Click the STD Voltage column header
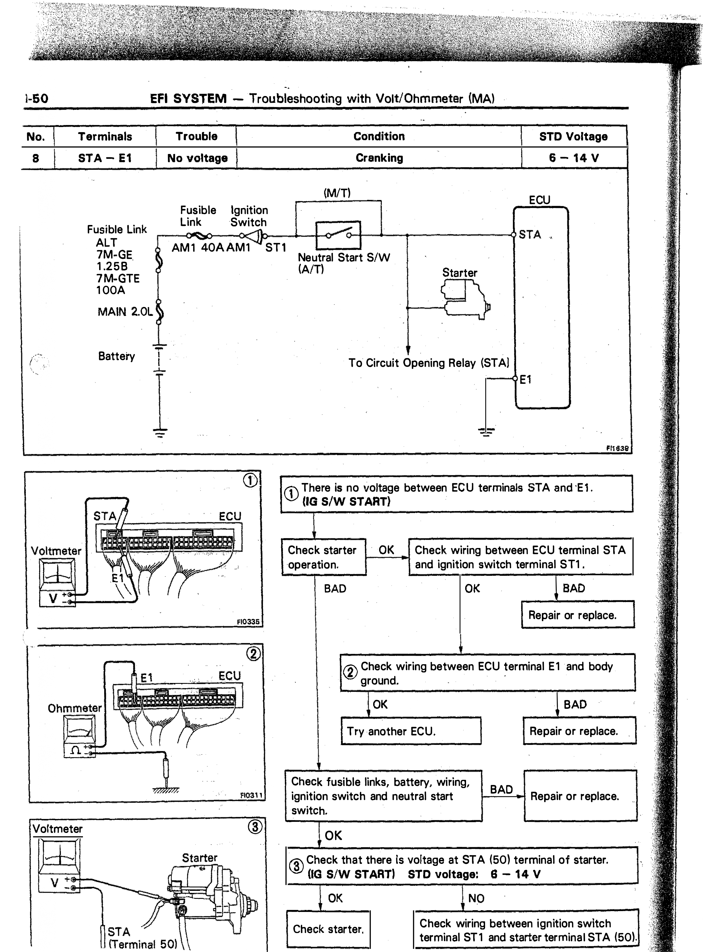(573, 136)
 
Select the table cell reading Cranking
(379, 158)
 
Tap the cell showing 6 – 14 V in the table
(573, 158)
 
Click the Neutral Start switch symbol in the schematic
(338, 235)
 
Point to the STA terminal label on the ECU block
(530, 234)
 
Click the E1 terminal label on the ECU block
(525, 379)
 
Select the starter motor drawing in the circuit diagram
(465, 299)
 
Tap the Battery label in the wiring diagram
(116, 356)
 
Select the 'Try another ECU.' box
(411, 731)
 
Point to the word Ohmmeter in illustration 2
(75, 708)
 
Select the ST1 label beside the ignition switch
(275, 248)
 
